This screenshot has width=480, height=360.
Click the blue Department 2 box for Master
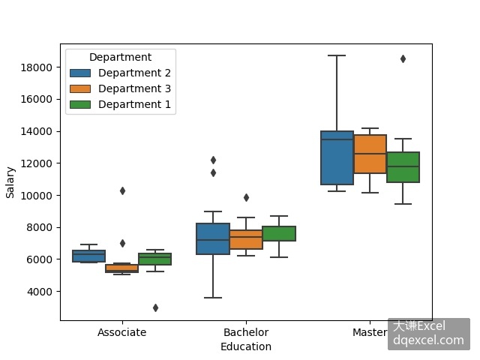[x=337, y=158]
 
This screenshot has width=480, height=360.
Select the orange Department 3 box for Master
[x=370, y=154]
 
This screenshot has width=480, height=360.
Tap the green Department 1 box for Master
[x=403, y=167]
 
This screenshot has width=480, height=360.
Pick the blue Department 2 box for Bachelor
[x=213, y=238]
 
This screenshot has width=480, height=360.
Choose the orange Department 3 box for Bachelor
[x=246, y=239]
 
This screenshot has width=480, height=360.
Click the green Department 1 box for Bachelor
[x=279, y=233]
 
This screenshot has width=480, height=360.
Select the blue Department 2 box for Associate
[x=89, y=256]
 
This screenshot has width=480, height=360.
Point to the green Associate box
[x=155, y=259]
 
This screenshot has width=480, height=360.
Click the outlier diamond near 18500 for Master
[x=403, y=58]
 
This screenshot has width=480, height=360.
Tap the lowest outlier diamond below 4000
[x=155, y=307]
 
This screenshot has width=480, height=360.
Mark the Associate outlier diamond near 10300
[x=122, y=191]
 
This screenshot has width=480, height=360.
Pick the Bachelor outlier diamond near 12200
[x=213, y=160]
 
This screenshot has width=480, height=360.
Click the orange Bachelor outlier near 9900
[x=247, y=197]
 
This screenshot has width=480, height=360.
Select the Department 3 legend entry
[x=120, y=88]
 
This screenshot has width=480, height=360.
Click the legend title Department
[x=120, y=57]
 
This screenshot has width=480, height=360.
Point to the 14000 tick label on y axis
[x=36, y=132]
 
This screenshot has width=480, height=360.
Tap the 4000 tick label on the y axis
[x=40, y=292]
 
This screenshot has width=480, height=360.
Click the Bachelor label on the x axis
[x=246, y=332]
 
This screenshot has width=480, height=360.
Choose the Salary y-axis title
[x=10, y=182]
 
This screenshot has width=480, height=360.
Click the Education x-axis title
[x=246, y=346]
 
